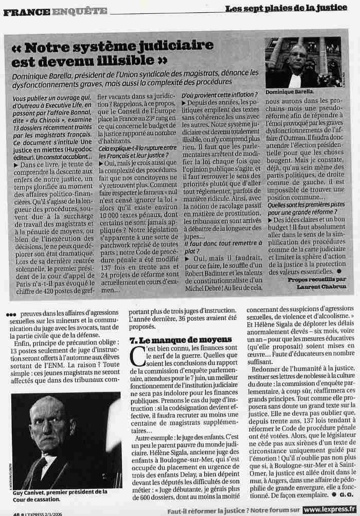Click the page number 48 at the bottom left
[x=17, y=512]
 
